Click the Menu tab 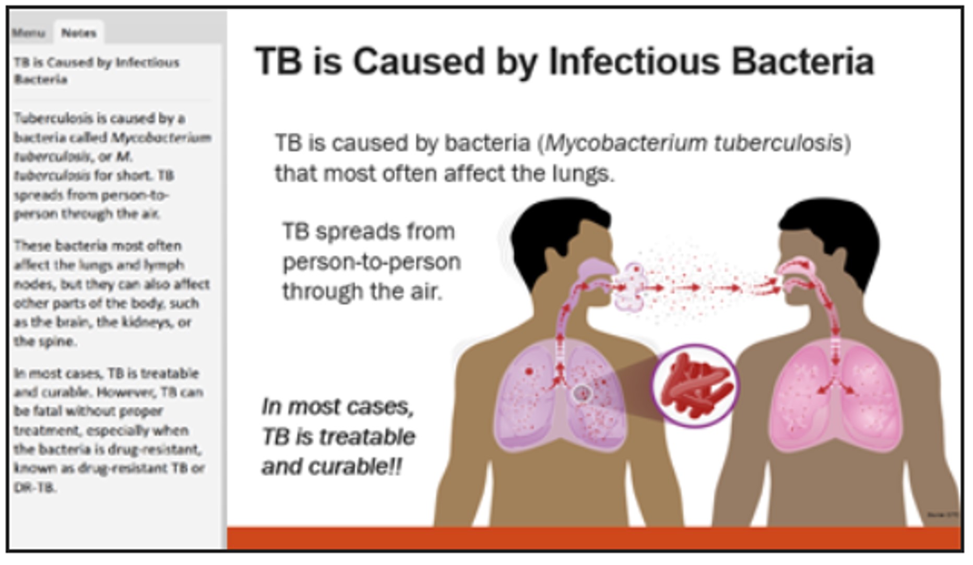click(29, 33)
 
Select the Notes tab click(79, 33)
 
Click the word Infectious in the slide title click(634, 62)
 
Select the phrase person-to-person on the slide click(372, 262)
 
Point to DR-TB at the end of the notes click(34, 488)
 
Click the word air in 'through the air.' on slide click(425, 291)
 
